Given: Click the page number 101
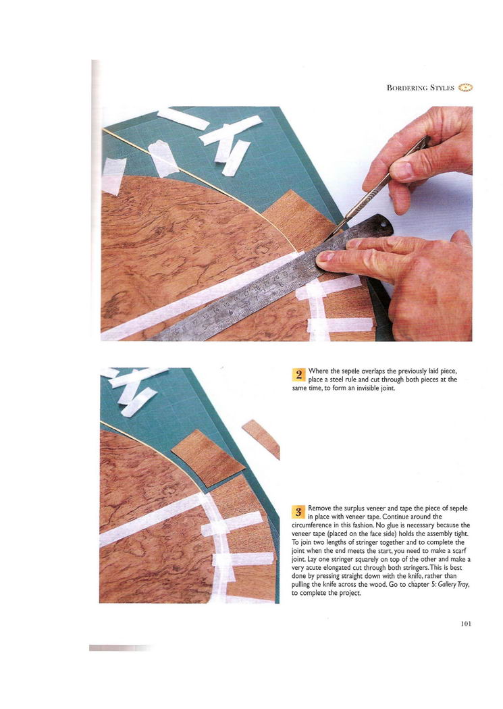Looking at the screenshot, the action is coord(466,624).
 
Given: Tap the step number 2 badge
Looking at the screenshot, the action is coord(298,374).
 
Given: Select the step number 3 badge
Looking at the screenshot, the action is coord(298,512).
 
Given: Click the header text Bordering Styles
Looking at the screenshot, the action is coord(421,88).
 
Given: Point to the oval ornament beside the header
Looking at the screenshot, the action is coord(465,88).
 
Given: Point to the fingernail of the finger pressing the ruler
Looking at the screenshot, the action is coord(325,258).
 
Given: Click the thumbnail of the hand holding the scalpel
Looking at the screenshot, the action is coord(404,171).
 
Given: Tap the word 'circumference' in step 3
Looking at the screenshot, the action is coord(312,525).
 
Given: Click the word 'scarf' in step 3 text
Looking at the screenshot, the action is coord(459,550).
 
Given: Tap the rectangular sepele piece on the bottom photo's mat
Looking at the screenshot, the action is coord(207,458).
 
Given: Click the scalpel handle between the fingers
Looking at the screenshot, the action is coord(398,167).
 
